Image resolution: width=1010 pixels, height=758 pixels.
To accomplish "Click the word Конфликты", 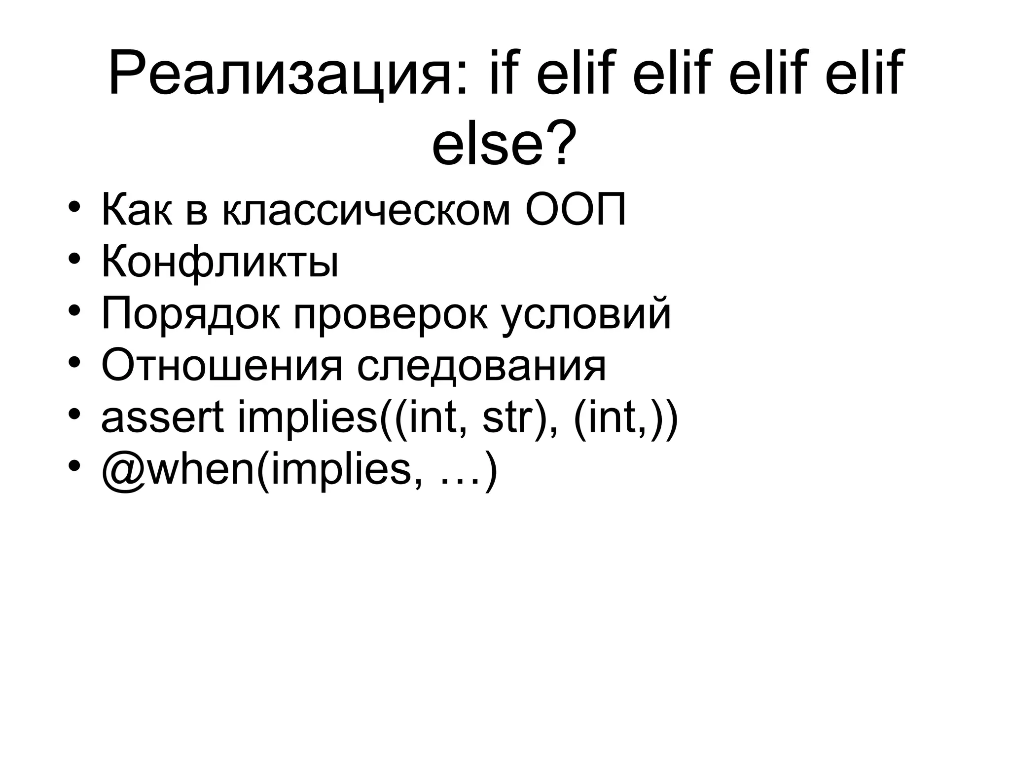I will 220,264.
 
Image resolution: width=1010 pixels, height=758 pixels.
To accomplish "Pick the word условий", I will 586,316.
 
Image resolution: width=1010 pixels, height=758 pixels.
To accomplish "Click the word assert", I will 162,418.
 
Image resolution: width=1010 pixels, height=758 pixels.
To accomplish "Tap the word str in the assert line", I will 508,418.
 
